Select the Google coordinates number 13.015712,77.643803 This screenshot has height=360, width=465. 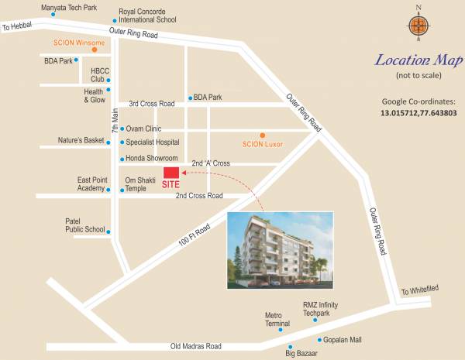pos(419,113)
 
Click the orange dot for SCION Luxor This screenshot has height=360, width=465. pos(262,135)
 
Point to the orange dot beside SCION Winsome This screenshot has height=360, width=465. pos(94,49)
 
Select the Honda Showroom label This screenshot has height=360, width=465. pos(152,159)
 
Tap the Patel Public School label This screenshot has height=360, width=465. pos(84,225)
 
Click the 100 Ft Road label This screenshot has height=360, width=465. pos(194,235)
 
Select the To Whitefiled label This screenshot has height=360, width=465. pos(419,291)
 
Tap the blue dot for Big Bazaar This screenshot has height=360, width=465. pos(290,347)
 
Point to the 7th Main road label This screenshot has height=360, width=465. pos(115,120)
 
